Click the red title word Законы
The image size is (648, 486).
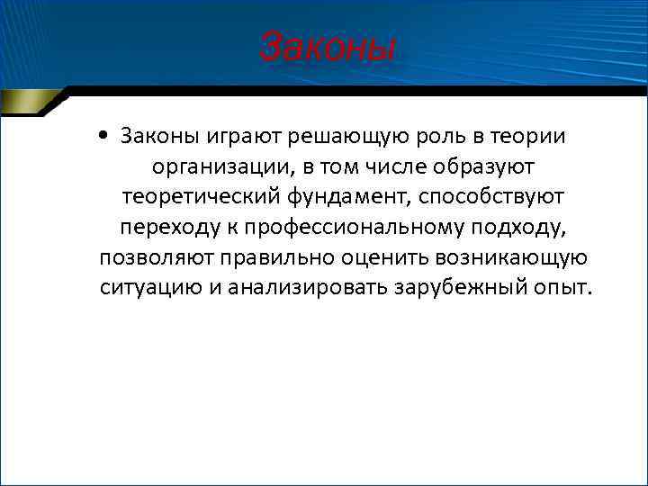click(327, 46)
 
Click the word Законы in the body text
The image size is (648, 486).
click(157, 135)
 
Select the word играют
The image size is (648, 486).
click(238, 136)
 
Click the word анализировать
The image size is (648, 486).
click(315, 288)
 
